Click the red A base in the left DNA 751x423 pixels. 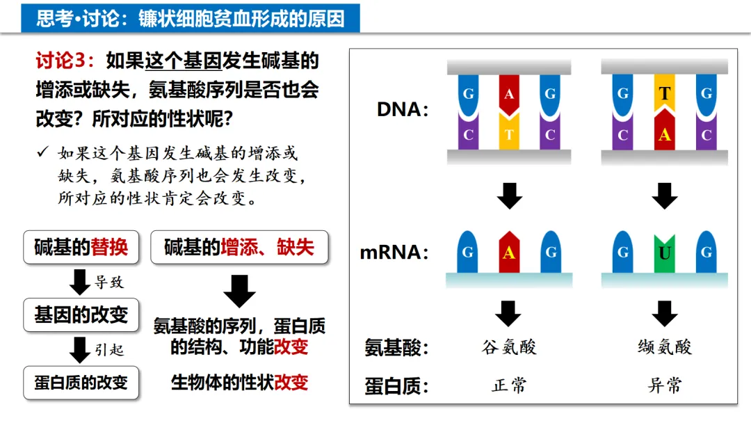[509, 94]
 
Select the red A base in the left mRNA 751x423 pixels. [509, 253]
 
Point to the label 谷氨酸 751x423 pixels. [509, 347]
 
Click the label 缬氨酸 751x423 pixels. [665, 347]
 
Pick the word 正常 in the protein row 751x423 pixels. [509, 385]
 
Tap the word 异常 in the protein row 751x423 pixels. [665, 385]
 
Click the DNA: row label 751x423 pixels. [403, 110]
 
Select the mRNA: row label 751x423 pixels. [394, 253]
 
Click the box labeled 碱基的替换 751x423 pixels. [81, 247]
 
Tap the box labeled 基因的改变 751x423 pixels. [81, 314]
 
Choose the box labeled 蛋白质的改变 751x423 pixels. [81, 383]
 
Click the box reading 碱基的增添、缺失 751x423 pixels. [239, 247]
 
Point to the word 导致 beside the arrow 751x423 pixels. [108, 282]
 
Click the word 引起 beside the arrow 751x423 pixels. [108, 349]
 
